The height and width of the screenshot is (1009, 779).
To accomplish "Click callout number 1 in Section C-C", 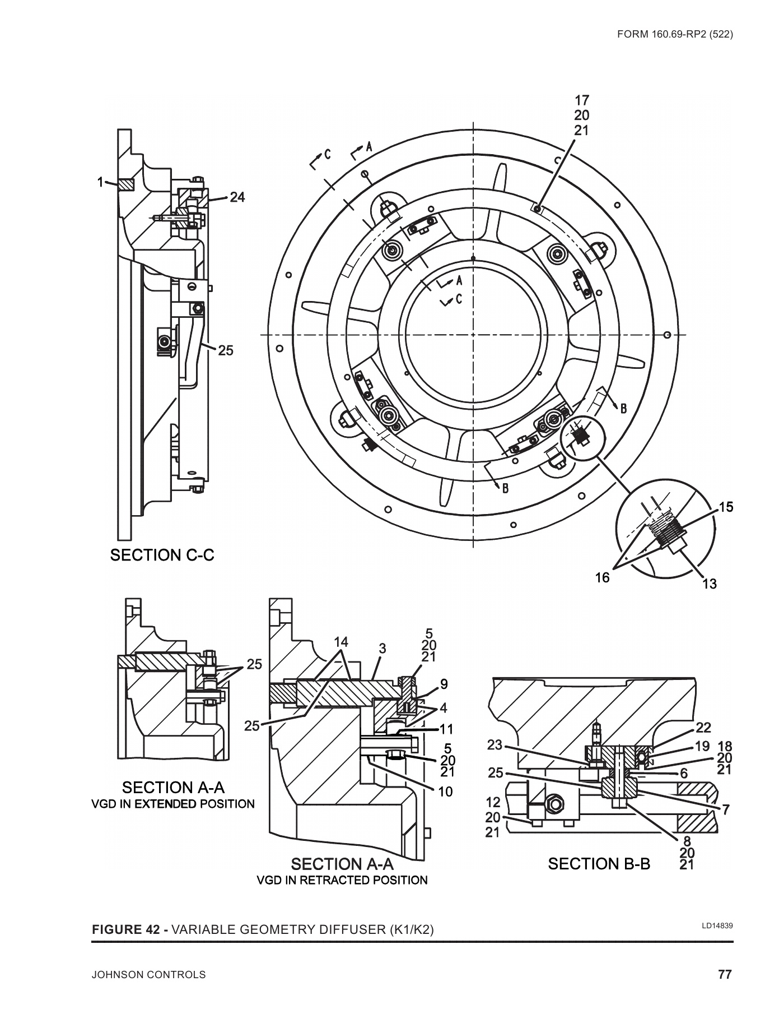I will pos(100,182).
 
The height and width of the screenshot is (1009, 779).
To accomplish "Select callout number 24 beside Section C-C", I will pos(237,197).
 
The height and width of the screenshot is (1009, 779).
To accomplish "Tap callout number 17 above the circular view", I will pos(582,101).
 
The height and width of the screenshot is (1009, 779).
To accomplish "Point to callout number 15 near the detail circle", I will pos(726,507).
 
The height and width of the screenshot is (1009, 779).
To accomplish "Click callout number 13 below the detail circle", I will pos(709,584).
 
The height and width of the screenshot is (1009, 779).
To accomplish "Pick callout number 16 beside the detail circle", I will pos(602,577).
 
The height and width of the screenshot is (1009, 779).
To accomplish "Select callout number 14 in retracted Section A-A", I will pos(342,642).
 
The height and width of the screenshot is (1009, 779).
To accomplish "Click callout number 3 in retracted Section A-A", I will pos(382,649).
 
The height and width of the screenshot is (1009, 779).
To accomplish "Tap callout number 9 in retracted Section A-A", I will pos(444,684).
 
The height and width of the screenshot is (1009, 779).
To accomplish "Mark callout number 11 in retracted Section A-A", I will pos(446,729).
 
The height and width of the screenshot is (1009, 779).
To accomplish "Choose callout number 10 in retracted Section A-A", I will pos(446,792).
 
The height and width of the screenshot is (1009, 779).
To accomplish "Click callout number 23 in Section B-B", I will pos(495,746).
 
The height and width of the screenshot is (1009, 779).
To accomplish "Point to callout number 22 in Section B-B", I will pos(703,728).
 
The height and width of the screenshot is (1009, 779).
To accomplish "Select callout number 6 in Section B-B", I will pos(683,773).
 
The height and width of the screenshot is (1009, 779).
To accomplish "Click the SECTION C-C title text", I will pos(162,555).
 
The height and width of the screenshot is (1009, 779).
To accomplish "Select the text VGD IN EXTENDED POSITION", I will pos(172,804).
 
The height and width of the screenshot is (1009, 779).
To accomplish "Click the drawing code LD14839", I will pos(717,925).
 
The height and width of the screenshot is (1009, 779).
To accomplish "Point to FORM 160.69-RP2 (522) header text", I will pos(675,34).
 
